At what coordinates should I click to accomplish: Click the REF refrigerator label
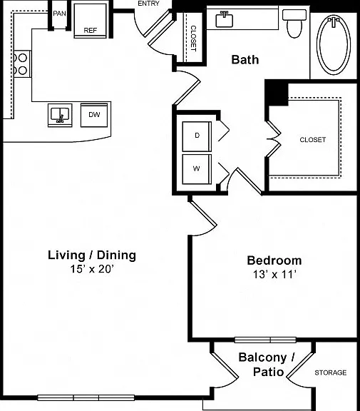tap(90, 31)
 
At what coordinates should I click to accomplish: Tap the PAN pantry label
tap(59, 14)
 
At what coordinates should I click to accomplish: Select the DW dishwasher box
tap(94, 115)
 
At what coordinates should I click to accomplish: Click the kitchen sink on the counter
tap(60, 116)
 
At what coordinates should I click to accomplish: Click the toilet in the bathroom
tap(294, 24)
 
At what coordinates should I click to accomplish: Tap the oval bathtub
tap(334, 44)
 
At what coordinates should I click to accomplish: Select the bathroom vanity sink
tap(224, 19)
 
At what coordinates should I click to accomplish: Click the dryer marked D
tap(197, 136)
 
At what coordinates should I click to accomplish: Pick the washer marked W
tap(197, 169)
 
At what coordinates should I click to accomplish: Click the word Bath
tap(245, 60)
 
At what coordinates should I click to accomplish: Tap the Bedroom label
tap(274, 260)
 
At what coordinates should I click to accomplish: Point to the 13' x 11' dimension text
tap(274, 275)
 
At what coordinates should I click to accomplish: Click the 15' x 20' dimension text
tap(91, 269)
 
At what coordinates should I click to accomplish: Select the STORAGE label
tap(330, 372)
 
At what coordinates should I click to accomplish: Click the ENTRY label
tap(148, 4)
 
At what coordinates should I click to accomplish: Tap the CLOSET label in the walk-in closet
tap(313, 140)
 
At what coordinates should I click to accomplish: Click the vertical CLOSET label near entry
tap(193, 39)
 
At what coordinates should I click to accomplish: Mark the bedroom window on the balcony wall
tap(265, 340)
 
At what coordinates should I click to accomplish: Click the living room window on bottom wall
tap(86, 397)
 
